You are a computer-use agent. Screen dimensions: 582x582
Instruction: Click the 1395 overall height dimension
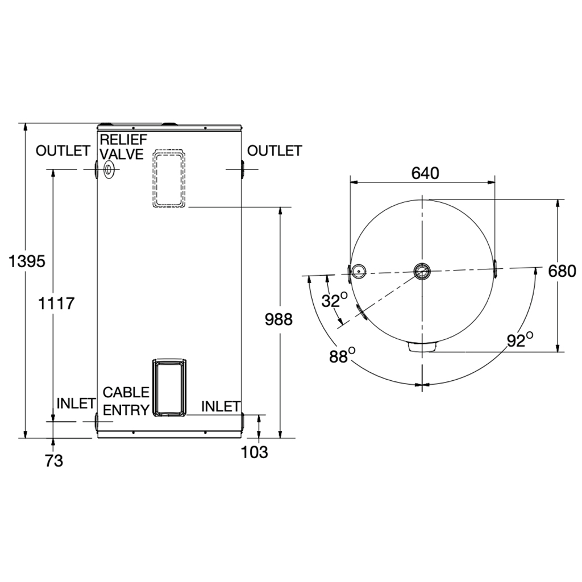27,261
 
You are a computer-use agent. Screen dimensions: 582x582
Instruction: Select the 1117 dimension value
56,304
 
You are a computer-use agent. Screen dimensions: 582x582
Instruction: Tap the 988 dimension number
278,319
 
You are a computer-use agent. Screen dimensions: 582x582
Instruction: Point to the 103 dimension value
254,452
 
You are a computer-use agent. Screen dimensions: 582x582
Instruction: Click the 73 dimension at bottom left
54,461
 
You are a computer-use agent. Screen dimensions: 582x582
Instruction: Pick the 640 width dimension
425,173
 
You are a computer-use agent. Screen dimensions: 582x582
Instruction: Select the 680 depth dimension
562,271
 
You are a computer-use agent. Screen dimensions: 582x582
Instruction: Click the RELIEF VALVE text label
123,147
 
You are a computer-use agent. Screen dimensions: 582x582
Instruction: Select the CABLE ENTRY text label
126,401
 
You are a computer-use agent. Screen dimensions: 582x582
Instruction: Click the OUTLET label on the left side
63,151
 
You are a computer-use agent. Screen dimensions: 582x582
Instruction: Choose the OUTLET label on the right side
275,151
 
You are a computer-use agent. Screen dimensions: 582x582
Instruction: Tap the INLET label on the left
76,404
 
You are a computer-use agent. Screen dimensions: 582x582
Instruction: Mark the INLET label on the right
221,406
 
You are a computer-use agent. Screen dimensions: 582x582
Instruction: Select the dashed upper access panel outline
169,178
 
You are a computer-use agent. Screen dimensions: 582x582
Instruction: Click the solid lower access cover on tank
169,388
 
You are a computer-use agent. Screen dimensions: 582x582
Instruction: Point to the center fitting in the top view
422,271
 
